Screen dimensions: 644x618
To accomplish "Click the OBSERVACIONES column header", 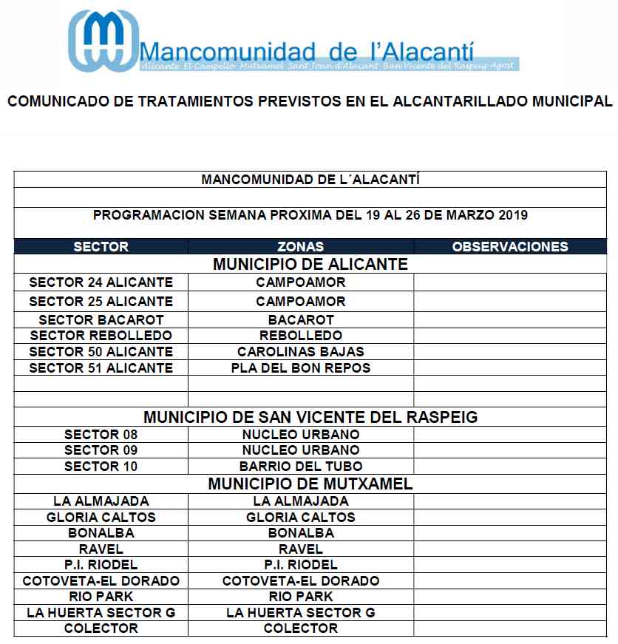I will [x=510, y=247].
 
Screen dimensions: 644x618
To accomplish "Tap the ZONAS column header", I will [x=300, y=247].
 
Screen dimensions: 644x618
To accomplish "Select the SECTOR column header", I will [x=101, y=247].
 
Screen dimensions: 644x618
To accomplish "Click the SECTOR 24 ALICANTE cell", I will [x=101, y=282].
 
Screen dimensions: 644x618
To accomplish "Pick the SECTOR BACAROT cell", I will [x=101, y=320].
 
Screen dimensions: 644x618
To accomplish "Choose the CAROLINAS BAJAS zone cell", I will [x=300, y=352].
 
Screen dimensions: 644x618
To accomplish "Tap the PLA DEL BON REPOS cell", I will [x=300, y=368].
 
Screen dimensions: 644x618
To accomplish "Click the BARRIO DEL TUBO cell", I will [x=300, y=467].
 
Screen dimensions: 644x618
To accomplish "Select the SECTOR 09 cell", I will [x=101, y=450].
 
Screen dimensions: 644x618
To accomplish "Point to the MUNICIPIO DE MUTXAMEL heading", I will [x=310, y=484].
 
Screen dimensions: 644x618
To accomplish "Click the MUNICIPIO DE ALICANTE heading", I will [x=310, y=264].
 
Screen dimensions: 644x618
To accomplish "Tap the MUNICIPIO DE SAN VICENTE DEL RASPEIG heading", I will [x=310, y=417].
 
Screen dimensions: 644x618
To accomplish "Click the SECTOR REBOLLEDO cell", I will [x=101, y=336].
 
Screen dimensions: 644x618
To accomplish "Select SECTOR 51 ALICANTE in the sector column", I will [x=101, y=368].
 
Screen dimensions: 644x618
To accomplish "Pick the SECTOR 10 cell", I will [x=101, y=467].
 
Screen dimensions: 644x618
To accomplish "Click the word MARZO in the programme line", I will [x=470, y=215].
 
